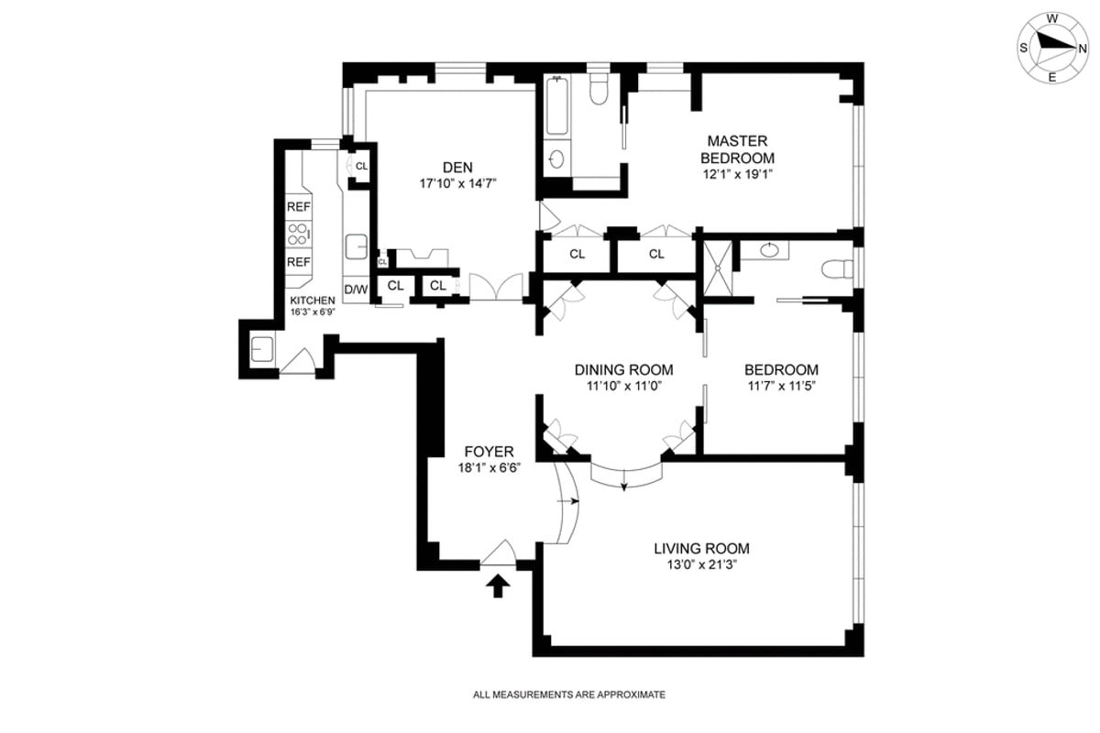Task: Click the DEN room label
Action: (456, 167)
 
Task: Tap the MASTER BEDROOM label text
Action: (736, 149)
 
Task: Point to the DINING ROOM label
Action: (623, 370)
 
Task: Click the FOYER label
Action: (489, 452)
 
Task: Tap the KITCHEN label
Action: (313, 301)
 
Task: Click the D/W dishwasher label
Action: (356, 290)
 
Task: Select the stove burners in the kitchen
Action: (298, 234)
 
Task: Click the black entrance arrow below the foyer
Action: (498, 585)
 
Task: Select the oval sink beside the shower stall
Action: (768, 248)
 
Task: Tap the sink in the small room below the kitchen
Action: (259, 349)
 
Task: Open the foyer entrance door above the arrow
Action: (500, 553)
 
